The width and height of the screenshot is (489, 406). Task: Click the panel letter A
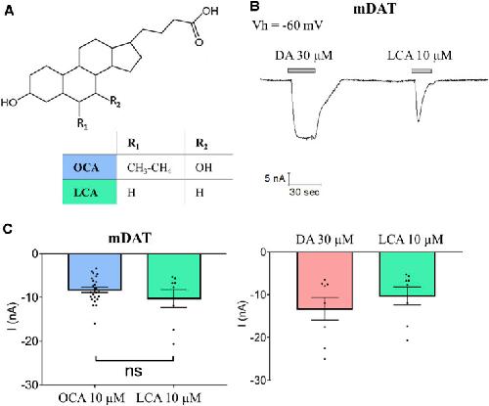pyautogui.click(x=9, y=11)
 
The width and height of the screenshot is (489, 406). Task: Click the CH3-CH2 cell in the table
pyautogui.click(x=150, y=167)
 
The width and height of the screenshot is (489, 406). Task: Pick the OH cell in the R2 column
pyautogui.click(x=203, y=167)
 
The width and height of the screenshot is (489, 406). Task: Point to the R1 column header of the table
pyautogui.click(x=134, y=144)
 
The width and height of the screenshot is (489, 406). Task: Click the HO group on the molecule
pyautogui.click(x=9, y=103)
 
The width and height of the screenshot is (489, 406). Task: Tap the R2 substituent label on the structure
pyautogui.click(x=115, y=102)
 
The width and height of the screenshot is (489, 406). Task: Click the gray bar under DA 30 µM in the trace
pyautogui.click(x=301, y=70)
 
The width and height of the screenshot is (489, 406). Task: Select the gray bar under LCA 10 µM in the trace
pyautogui.click(x=422, y=70)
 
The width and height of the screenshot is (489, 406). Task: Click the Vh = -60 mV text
pyautogui.click(x=288, y=25)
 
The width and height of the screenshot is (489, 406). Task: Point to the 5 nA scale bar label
pyautogui.click(x=275, y=179)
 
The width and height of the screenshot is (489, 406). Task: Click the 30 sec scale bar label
pyautogui.click(x=304, y=192)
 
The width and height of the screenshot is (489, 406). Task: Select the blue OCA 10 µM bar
pyautogui.click(x=95, y=272)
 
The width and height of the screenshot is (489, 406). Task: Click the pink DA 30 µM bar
pyautogui.click(x=325, y=281)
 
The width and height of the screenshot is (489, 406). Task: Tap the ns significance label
pyautogui.click(x=134, y=371)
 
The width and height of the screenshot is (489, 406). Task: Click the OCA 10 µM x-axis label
pyautogui.click(x=92, y=398)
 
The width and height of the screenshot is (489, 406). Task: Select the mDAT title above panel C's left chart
pyautogui.click(x=130, y=238)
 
